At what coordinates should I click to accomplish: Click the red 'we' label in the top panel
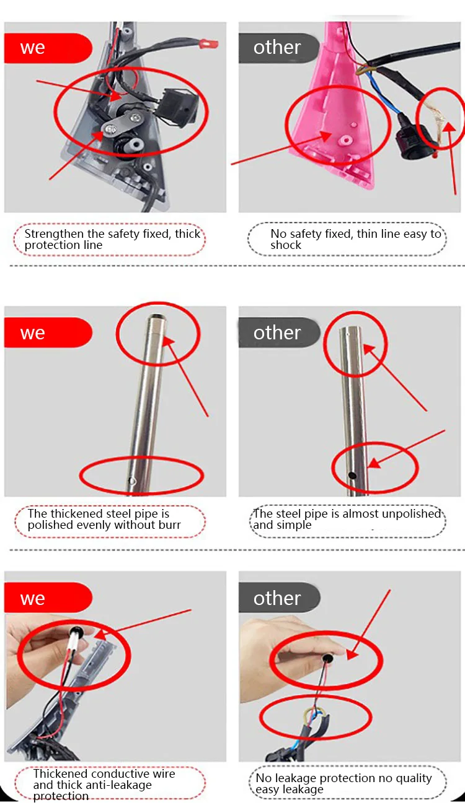(x=48, y=48)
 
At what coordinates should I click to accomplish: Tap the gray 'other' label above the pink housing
(x=278, y=48)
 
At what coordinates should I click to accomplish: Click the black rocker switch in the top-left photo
(x=178, y=107)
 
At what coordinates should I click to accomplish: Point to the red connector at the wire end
(x=209, y=44)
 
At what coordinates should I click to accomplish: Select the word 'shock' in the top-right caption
(x=286, y=245)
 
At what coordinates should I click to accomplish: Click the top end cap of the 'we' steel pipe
(x=157, y=320)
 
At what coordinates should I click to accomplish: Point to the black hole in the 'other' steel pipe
(x=352, y=476)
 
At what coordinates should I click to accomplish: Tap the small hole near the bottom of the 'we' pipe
(x=132, y=481)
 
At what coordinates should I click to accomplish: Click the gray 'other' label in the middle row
(x=279, y=333)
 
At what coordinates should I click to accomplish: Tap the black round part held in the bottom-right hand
(x=327, y=658)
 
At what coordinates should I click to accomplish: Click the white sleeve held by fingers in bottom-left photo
(x=73, y=640)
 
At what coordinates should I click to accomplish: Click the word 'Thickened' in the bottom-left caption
(x=61, y=773)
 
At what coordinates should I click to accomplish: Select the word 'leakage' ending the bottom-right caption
(x=305, y=790)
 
